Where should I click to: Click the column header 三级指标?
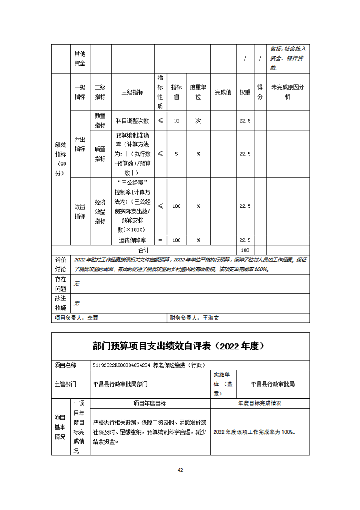pos(132,92)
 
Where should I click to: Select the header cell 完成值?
pos(223,92)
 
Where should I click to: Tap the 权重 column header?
pos(245,92)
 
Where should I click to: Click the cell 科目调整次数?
pos(132,120)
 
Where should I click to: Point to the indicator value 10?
pos(176,120)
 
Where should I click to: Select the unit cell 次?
pos(198,120)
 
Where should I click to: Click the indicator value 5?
pos(176,154)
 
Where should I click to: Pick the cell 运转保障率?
pos(132,240)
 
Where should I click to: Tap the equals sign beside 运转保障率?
pos(160,240)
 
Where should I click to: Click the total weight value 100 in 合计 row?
pos(245,250)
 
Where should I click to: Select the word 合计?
pos(144,250)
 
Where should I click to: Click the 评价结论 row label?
pos(61,265)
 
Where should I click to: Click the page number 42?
pos(180,470)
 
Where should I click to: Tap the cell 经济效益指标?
pos(100,211)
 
